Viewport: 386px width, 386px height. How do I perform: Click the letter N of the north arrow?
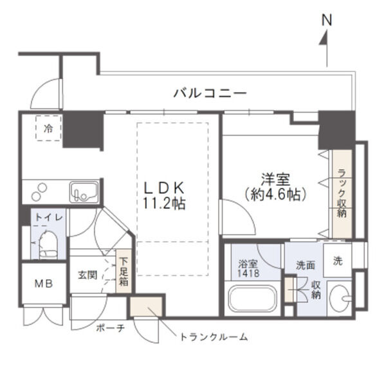point(327,20)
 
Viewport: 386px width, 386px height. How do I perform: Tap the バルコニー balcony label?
point(210,94)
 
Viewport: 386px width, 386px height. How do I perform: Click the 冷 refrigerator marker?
point(48,128)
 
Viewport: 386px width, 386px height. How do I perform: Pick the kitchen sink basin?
point(84,191)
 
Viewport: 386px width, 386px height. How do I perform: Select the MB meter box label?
point(43,284)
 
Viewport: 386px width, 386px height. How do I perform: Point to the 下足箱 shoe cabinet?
point(123,271)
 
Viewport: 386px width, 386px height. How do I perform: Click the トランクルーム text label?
point(214,336)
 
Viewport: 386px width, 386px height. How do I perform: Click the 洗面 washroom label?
point(305,264)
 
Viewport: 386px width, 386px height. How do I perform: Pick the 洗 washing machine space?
point(338,261)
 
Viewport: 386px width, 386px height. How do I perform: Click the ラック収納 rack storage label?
point(342,194)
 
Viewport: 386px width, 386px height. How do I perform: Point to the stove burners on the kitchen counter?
point(39,191)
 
